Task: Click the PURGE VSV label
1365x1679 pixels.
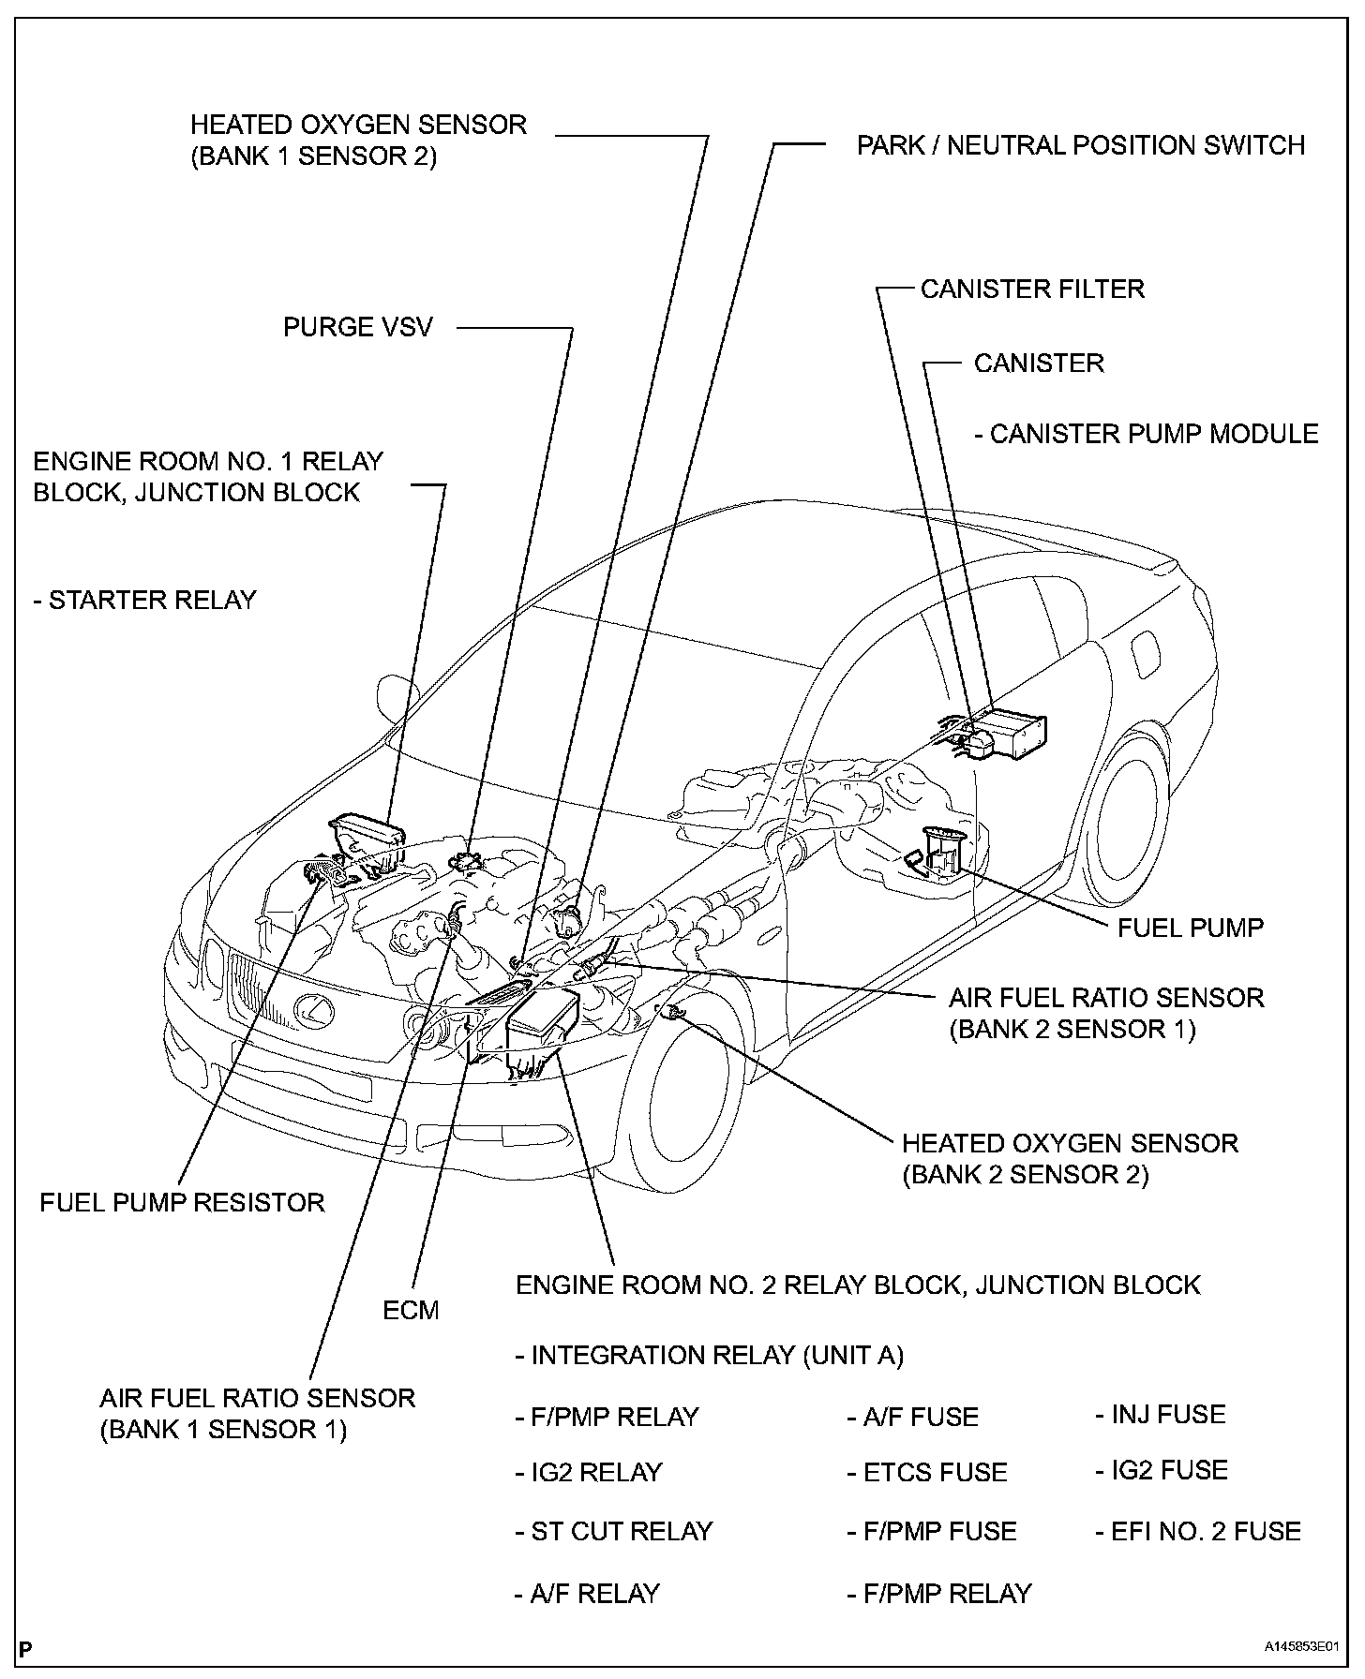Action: pos(358,327)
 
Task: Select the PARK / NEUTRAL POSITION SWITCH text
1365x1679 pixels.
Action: pos(1080,145)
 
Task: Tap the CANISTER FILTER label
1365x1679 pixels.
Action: pos(1032,289)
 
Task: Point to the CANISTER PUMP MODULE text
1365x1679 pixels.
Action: pos(1146,434)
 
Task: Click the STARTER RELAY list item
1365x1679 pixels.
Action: pos(144,600)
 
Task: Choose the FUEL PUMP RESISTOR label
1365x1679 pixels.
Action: pos(182,1202)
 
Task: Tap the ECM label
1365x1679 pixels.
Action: pos(411,1309)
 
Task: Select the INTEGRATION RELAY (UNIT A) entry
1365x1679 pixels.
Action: pos(709,1356)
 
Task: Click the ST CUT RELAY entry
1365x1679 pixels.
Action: pos(614,1531)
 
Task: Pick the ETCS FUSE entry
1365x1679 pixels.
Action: pos(927,1472)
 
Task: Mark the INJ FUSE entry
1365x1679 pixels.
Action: pos(1160,1414)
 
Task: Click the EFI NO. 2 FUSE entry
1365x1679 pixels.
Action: pos(1198,1531)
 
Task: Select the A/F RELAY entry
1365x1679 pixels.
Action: pos(587,1593)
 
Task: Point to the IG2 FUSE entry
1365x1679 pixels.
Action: pos(1161,1470)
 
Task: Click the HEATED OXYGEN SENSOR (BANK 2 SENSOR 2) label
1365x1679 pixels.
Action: pos(1070,1158)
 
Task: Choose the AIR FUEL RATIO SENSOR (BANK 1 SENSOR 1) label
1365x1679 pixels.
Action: pos(257,1413)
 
